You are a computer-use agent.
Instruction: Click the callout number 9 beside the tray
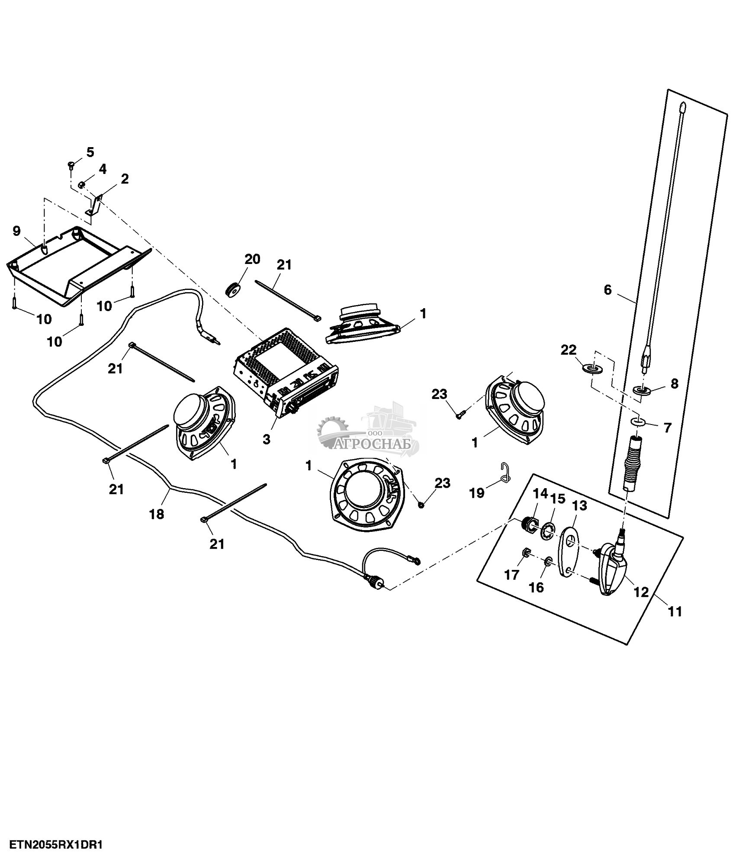coord(16,231)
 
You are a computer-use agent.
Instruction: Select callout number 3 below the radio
coord(267,439)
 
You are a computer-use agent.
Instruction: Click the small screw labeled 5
coord(71,164)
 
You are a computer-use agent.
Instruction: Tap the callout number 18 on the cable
coord(157,514)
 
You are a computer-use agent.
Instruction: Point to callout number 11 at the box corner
coord(675,611)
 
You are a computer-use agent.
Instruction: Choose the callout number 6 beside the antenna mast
coord(607,290)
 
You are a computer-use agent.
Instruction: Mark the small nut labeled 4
coord(81,186)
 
